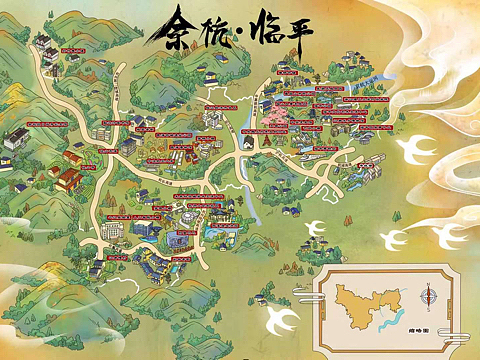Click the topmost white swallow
pyautogui.click(x=418, y=150)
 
